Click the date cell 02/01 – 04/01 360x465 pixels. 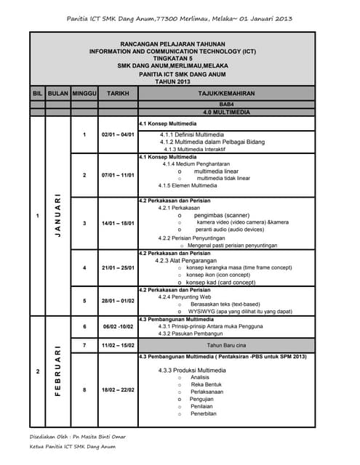coord(118,135)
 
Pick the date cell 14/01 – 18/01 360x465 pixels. coord(118,222)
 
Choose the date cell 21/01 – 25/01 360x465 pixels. coord(118,267)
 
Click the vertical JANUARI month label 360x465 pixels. coord(57,217)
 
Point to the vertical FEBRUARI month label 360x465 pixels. coord(57,371)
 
